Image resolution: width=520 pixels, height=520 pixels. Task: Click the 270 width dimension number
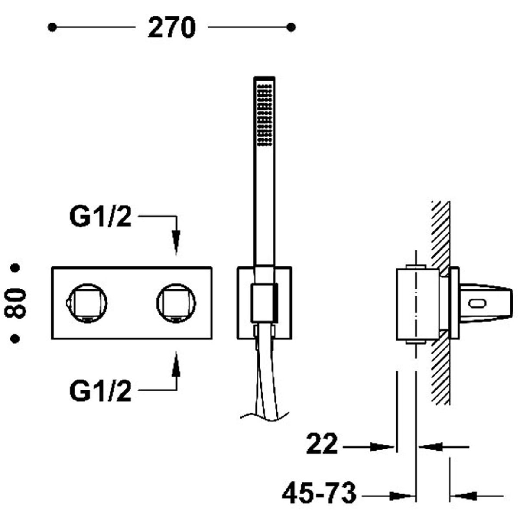[171, 28]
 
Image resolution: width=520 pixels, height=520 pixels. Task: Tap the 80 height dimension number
[15, 303]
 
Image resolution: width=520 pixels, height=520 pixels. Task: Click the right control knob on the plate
[176, 303]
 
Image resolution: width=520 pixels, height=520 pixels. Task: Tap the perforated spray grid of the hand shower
[264, 115]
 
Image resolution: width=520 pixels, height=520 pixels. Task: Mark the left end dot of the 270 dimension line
[52, 28]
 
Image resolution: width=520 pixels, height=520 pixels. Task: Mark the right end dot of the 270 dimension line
[291, 28]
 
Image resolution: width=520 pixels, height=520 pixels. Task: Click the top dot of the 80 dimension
[15, 268]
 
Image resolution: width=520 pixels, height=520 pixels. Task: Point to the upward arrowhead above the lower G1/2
[176, 363]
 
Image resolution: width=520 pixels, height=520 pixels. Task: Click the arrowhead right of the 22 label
[382, 447]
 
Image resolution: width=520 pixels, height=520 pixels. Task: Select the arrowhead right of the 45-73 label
[401, 489]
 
